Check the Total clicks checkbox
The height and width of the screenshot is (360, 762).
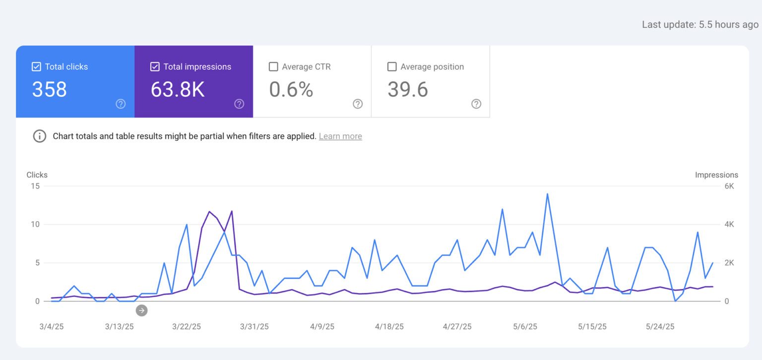pos(36,67)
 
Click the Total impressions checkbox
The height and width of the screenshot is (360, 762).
pos(155,67)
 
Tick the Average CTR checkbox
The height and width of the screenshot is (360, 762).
pos(273,67)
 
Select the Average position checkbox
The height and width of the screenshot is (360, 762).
pos(392,67)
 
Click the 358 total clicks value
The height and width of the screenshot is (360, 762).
pos(50,90)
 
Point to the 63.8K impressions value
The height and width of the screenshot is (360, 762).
pos(178,90)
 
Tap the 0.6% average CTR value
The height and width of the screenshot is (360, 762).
pos(291,90)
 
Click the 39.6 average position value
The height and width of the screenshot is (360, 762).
pos(408,90)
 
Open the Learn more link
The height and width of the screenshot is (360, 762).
pos(340,136)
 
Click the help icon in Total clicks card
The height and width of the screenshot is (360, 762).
pos(121,104)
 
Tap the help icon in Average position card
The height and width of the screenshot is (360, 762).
pos(476,104)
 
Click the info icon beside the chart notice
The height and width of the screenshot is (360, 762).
pos(40,136)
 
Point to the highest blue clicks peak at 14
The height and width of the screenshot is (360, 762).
pos(547,194)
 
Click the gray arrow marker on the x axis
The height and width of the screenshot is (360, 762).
pos(142,310)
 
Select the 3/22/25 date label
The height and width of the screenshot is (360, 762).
pos(187,327)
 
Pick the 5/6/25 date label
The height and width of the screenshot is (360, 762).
pos(525,327)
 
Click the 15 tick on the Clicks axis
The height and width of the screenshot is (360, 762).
pos(34,186)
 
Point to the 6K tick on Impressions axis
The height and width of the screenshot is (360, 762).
pos(729,186)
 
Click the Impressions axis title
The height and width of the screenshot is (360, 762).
pos(716,175)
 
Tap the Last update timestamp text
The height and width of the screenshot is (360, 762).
pos(700,25)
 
